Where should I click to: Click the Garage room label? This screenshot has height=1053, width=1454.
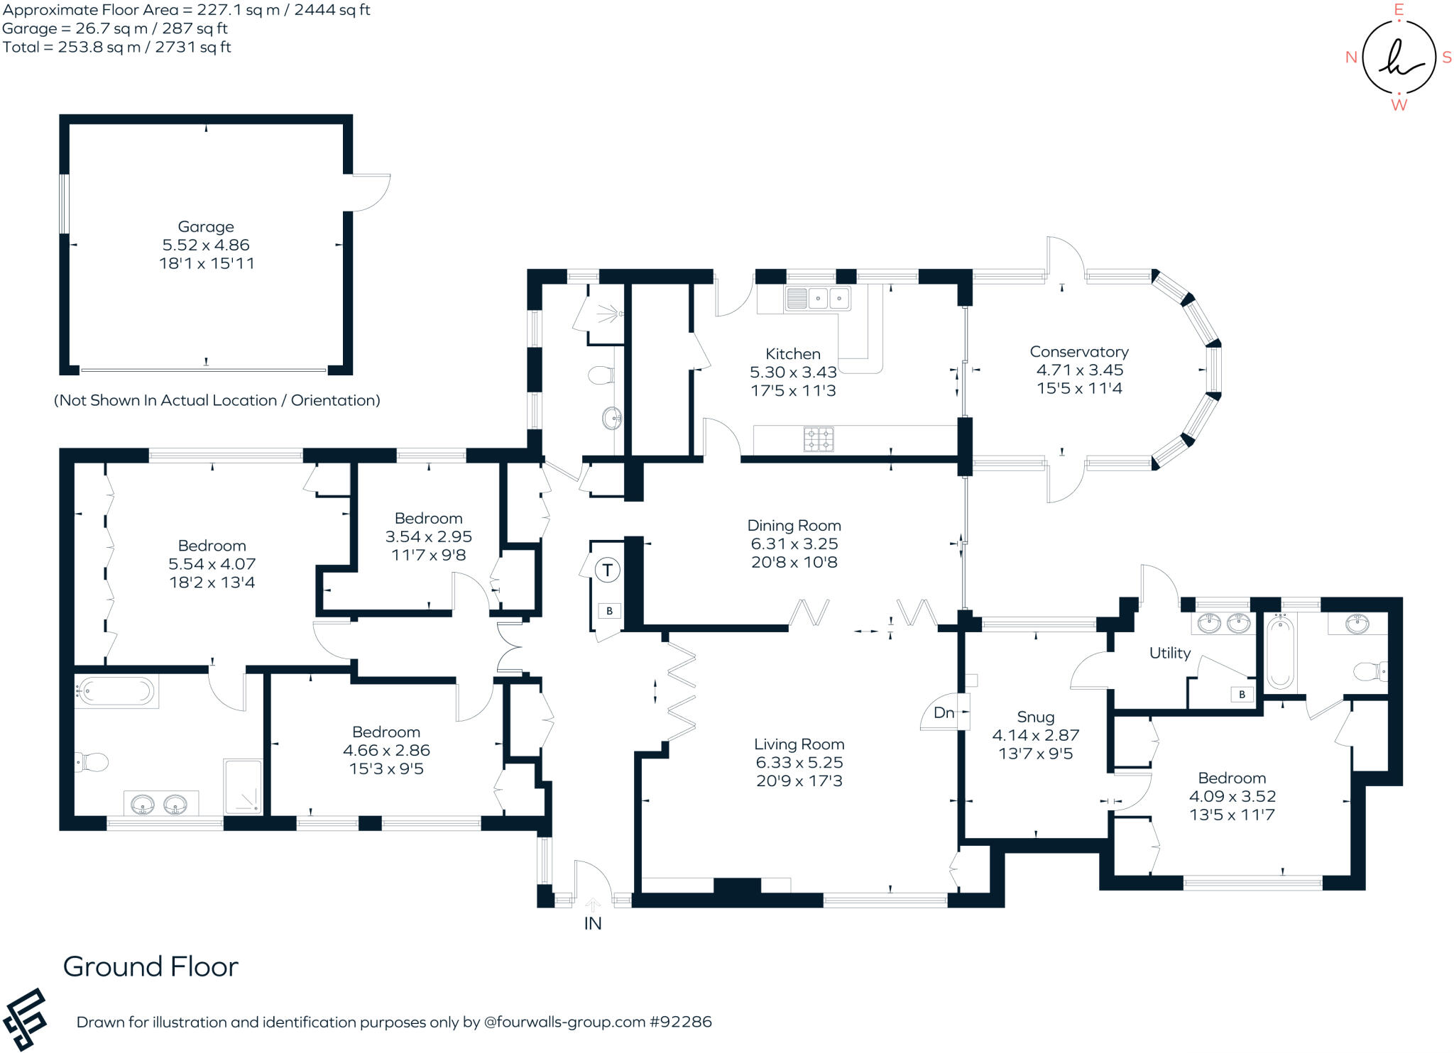(x=206, y=227)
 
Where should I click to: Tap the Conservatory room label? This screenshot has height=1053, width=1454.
(x=1078, y=352)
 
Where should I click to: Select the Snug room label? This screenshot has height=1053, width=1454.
(x=1035, y=717)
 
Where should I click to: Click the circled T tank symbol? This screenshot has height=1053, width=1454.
(x=607, y=570)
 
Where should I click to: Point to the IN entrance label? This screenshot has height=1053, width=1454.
(x=593, y=923)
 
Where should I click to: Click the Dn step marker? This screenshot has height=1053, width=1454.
(x=944, y=712)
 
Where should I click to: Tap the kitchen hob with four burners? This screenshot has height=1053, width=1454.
(x=819, y=439)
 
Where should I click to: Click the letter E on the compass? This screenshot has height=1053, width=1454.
(x=1399, y=10)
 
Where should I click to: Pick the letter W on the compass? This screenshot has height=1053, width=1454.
(x=1399, y=105)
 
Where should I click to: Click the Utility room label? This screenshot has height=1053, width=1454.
(x=1169, y=653)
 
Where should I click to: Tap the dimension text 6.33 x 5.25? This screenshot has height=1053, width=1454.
(x=799, y=762)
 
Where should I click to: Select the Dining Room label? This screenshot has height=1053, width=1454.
(x=794, y=526)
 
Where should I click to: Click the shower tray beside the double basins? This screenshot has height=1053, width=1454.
(x=244, y=786)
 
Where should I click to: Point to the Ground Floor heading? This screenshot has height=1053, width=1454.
(x=151, y=966)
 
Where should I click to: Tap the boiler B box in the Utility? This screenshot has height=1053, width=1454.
(x=1242, y=695)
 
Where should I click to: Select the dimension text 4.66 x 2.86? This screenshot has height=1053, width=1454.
(x=386, y=750)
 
